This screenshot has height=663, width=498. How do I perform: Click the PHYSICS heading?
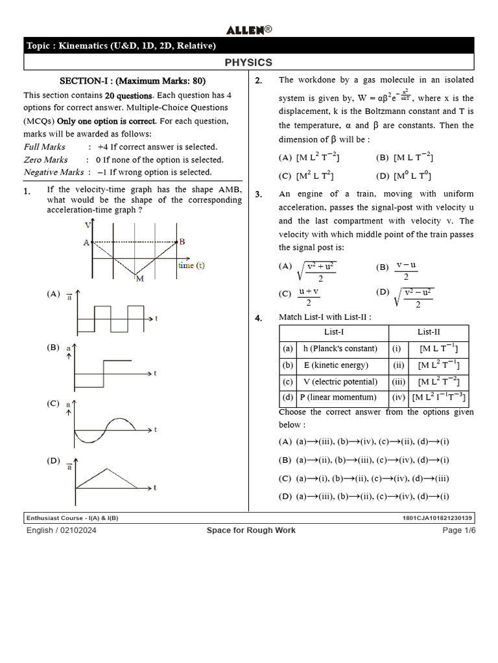coord(248,62)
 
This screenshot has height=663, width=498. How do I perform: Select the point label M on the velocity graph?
coord(138,279)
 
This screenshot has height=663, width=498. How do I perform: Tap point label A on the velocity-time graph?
coord(86,243)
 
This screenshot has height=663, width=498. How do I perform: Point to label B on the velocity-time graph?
coord(182,242)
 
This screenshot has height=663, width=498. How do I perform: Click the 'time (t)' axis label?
coord(191,265)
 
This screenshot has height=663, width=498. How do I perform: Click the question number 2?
coord(258,81)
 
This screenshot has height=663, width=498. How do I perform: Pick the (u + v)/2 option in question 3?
coord(309,297)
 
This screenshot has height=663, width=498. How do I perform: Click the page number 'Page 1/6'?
coord(459,530)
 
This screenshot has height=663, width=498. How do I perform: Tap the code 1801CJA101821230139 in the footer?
coord(438,518)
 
